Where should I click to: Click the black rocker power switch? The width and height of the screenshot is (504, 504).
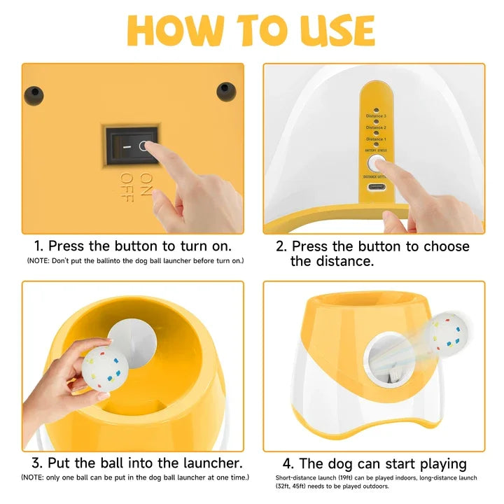click(x=132, y=148)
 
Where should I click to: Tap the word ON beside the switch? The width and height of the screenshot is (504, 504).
click(x=127, y=180)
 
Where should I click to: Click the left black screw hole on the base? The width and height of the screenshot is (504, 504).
click(x=32, y=93)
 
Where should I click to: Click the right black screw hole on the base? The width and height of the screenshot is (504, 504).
click(x=224, y=90)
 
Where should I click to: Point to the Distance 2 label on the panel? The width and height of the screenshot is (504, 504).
click(x=376, y=127)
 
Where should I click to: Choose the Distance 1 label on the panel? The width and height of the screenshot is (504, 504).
click(x=376, y=139)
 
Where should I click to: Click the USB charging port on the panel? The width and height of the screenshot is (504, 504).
click(x=375, y=188)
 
